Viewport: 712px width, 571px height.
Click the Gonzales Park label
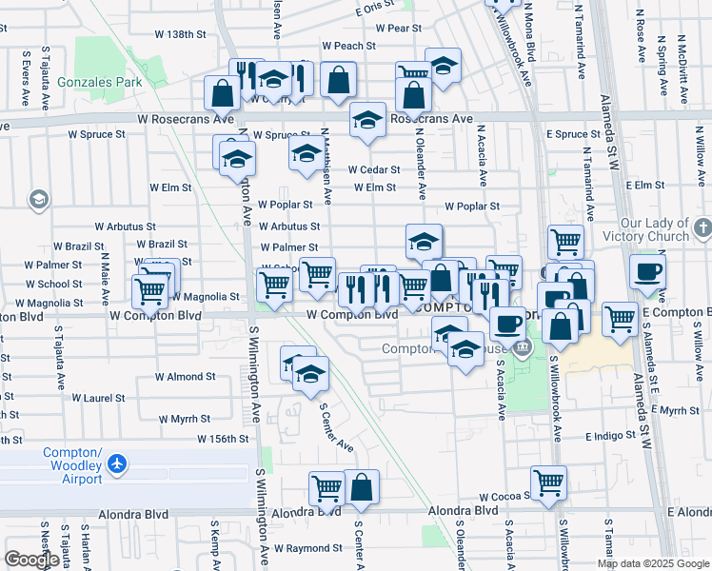tap(100, 82)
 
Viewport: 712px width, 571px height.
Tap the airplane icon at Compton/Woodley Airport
tap(117, 464)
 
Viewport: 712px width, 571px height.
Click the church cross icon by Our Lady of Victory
tap(702, 228)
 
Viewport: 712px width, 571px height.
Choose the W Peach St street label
tap(347, 45)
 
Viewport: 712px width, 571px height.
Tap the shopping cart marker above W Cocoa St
tap(548, 483)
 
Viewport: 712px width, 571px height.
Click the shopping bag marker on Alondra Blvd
tap(362, 487)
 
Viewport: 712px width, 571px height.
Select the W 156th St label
tap(223, 439)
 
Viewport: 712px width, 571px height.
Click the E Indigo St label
tap(602, 436)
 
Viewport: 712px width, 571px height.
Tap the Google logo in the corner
tap(31, 560)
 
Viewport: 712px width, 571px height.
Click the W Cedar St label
tap(372, 169)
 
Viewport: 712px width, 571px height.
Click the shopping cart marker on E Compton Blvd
tap(620, 319)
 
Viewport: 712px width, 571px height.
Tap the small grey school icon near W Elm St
tap(39, 200)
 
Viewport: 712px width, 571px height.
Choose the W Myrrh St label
tap(184, 419)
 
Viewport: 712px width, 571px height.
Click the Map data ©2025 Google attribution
tap(652, 563)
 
